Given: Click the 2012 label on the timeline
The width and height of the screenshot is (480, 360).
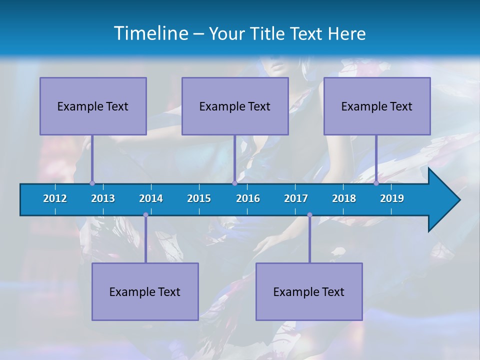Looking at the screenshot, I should [x=55, y=198].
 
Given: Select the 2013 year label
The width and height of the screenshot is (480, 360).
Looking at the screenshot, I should [x=103, y=198].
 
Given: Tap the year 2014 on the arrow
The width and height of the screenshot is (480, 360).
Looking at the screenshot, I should [x=151, y=198].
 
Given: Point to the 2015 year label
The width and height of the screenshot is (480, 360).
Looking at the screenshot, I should [x=199, y=198].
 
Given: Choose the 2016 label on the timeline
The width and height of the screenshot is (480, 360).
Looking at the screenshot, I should [x=248, y=198].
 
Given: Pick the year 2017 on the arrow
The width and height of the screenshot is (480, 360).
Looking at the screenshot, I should [x=296, y=198].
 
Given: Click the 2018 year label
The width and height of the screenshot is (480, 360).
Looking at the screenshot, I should [x=344, y=198].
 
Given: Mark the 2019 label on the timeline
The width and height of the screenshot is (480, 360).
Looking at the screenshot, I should [x=392, y=198].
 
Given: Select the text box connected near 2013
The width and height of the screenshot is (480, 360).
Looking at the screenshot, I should [x=93, y=106].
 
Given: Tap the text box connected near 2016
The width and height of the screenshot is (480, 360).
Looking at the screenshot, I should [x=235, y=106].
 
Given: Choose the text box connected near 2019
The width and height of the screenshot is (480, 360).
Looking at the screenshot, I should [x=377, y=106].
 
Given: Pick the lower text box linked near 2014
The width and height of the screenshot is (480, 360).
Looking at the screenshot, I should [x=145, y=291].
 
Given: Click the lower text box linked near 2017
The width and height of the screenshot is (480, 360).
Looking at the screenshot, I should [x=309, y=291].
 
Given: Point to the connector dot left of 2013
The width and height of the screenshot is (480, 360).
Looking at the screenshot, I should [x=92, y=183].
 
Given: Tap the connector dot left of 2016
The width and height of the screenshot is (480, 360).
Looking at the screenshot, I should [x=234, y=183].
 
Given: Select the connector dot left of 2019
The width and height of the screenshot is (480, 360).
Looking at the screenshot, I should [x=376, y=183].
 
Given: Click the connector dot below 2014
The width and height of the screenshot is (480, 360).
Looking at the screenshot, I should [x=145, y=215].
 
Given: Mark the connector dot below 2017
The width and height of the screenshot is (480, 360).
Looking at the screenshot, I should [x=309, y=215].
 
